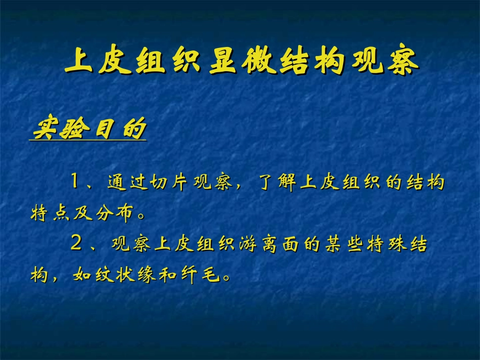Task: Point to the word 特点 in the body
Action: coord(52,214)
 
